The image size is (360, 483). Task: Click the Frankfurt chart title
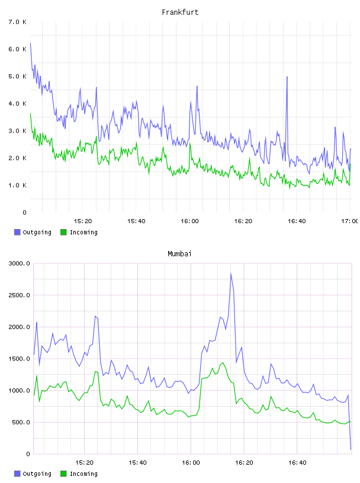[x=180, y=12]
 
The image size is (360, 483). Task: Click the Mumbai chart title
[x=179, y=254]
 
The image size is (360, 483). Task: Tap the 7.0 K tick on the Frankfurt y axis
[x=18, y=22]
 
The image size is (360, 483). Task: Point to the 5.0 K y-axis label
[x=18, y=76]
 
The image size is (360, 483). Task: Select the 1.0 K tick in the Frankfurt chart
[x=18, y=185]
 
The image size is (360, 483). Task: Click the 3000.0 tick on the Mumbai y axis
[x=20, y=263]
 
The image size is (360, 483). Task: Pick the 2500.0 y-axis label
[x=20, y=295]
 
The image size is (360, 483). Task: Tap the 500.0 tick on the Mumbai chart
[x=21, y=422]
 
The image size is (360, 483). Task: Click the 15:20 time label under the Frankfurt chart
[x=83, y=221]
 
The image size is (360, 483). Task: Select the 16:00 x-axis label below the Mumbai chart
[x=191, y=463]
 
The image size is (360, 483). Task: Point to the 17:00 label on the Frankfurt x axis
[x=349, y=221]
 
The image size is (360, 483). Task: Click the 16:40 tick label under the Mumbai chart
[x=297, y=463]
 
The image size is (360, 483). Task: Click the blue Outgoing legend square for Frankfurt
[x=17, y=232]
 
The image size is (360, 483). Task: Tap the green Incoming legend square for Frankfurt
[x=63, y=232]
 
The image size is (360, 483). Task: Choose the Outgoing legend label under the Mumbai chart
[x=37, y=474]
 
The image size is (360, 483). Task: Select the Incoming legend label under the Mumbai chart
[x=83, y=474]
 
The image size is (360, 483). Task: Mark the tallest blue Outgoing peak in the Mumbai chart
[x=231, y=273]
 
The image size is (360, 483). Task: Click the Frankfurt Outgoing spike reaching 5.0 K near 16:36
[x=287, y=77]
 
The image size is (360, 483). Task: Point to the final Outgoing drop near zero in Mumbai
[x=351, y=449]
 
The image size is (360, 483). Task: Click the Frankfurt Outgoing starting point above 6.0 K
[x=30, y=43]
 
